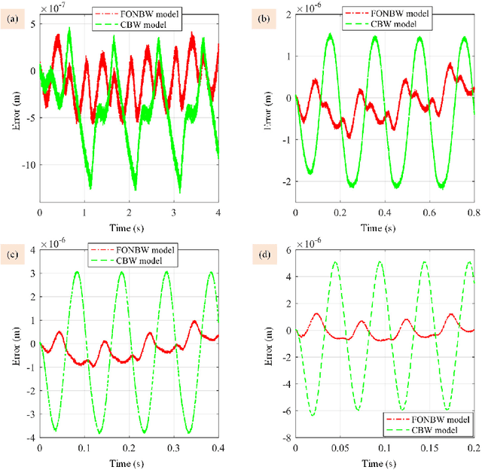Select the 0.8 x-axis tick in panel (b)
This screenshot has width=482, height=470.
[x=473, y=215]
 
